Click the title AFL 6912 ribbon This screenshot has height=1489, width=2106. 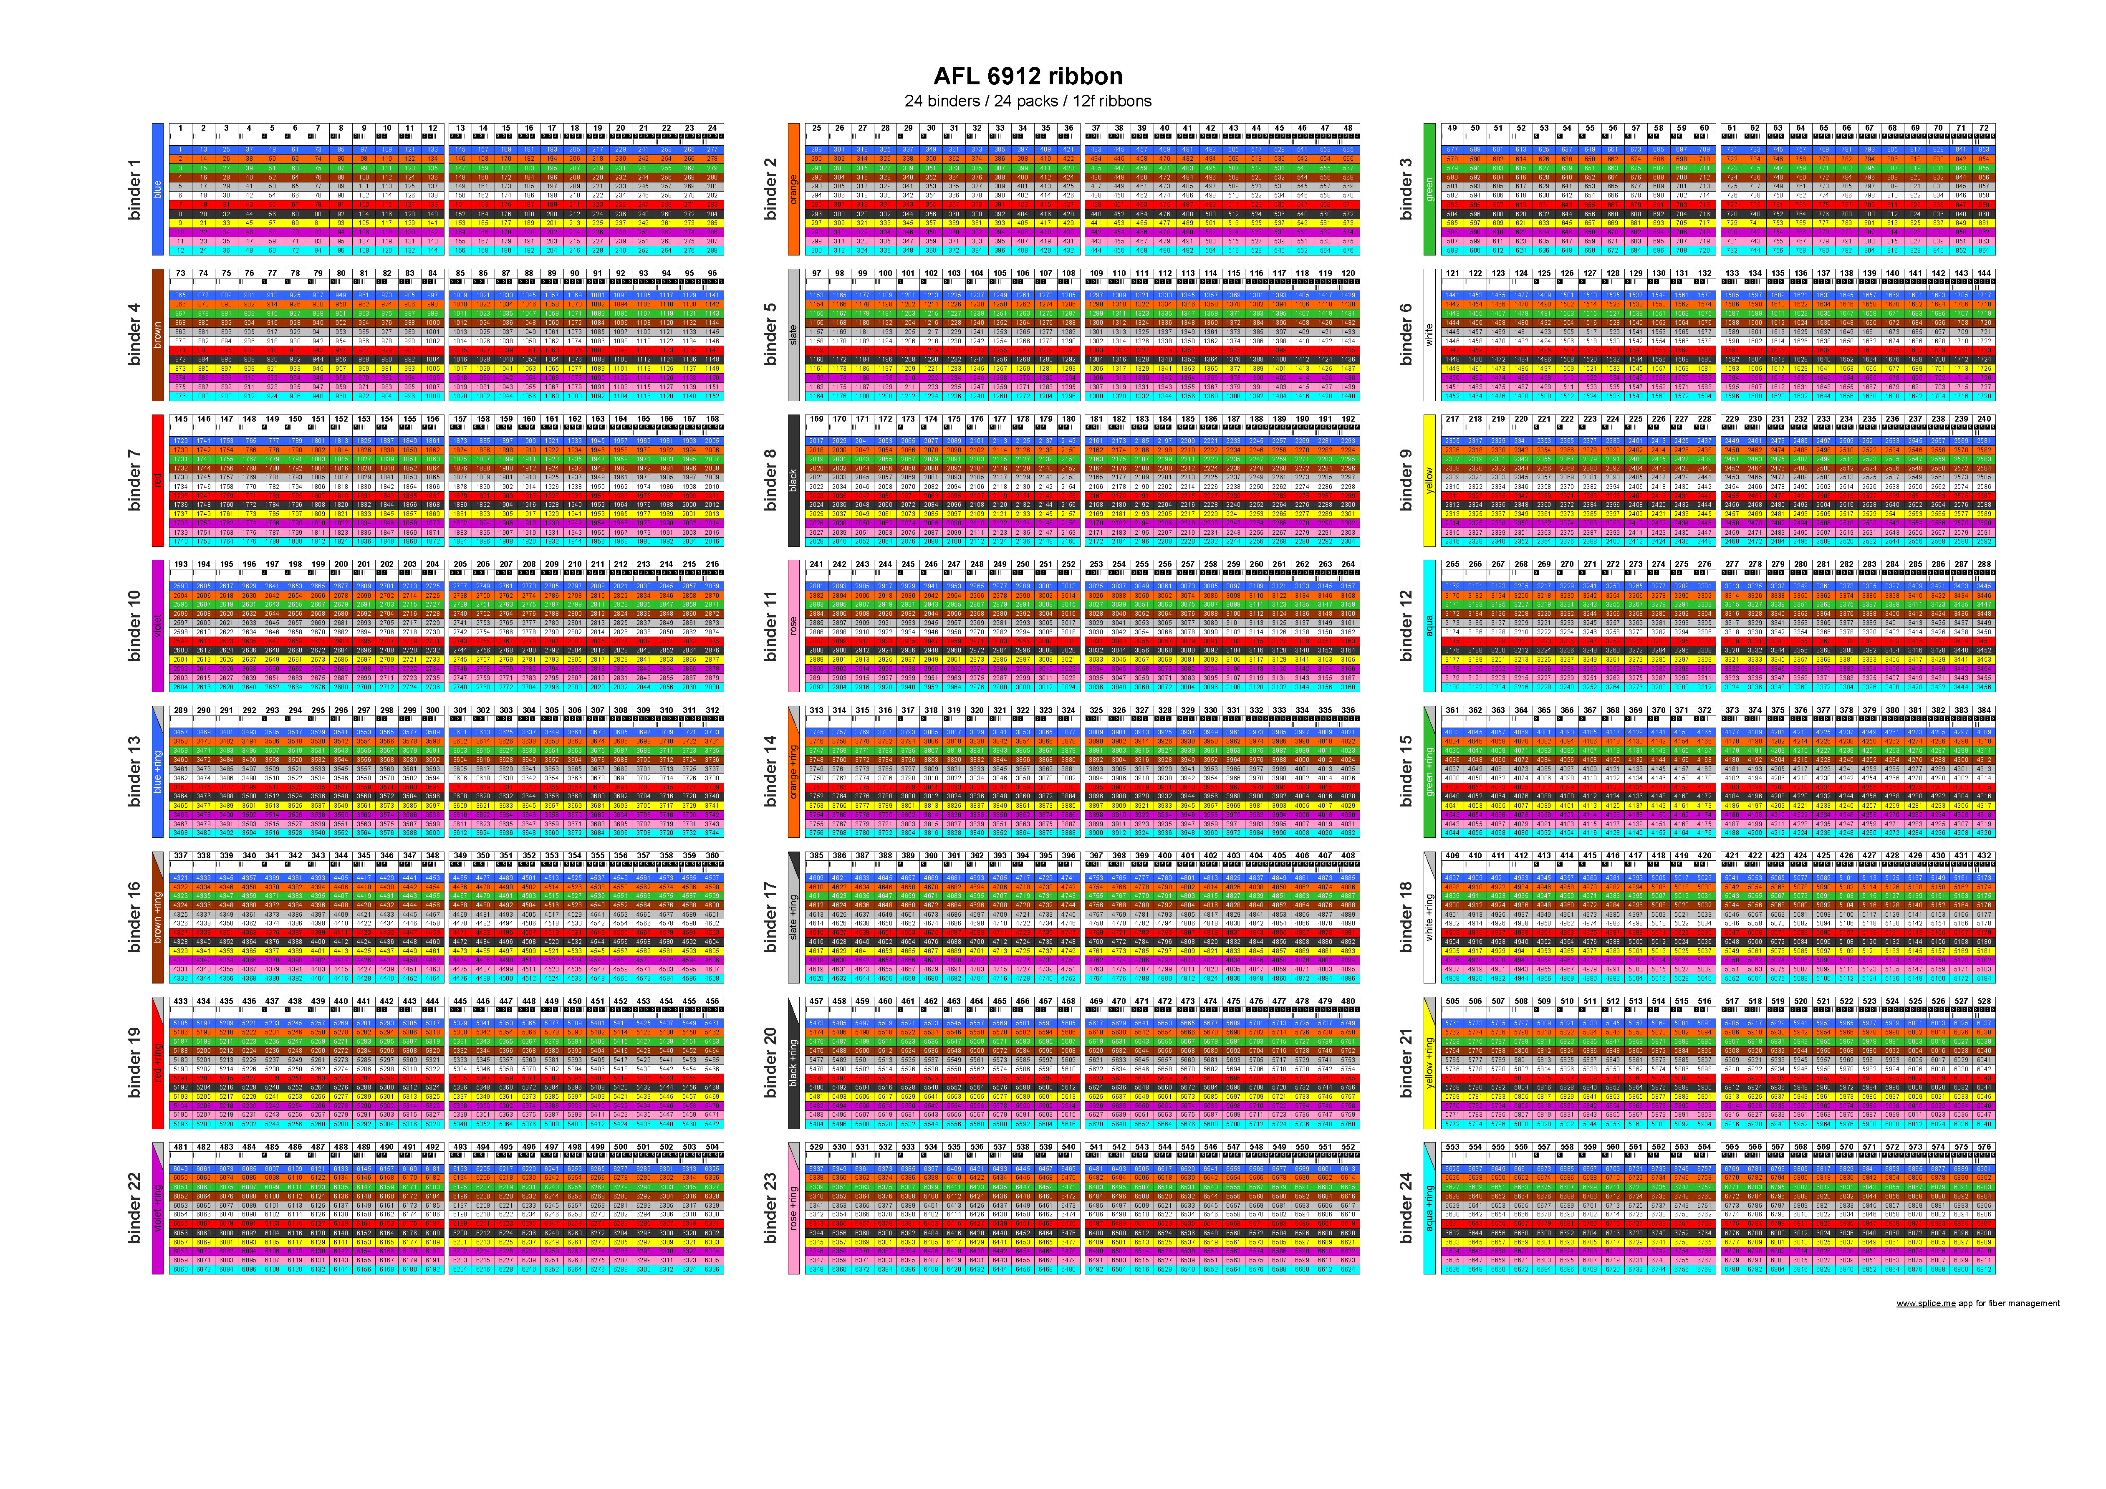(x=1027, y=76)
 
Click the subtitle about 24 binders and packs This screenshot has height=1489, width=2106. (x=1027, y=101)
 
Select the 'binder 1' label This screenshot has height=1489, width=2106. (x=135, y=189)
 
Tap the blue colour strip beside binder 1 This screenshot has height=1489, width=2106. (x=157, y=189)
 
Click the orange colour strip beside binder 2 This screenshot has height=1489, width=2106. (x=793, y=189)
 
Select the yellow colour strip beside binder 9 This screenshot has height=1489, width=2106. (x=1429, y=480)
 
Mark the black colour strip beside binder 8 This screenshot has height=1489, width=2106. (x=793, y=480)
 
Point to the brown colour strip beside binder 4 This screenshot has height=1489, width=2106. (x=157, y=335)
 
